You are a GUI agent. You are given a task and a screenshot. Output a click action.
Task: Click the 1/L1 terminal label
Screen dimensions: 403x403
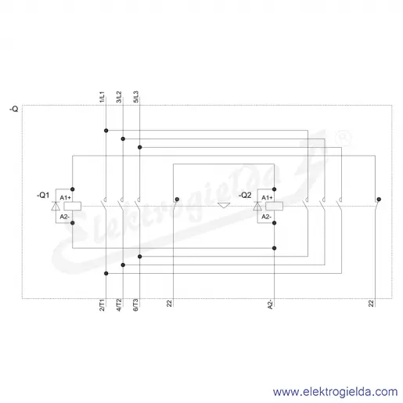(102, 97)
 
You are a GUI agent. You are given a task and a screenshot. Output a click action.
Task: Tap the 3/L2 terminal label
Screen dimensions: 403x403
(119, 97)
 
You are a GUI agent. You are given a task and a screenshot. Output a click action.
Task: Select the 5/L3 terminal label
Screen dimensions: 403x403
(135, 97)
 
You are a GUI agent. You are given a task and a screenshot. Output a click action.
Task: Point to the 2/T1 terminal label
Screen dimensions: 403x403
(102, 305)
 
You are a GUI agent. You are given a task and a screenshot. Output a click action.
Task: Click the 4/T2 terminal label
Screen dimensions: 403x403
(119, 305)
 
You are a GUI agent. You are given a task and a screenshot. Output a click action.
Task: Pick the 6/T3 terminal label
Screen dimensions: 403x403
(135, 305)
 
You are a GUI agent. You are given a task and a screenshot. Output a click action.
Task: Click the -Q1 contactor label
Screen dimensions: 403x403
(43, 195)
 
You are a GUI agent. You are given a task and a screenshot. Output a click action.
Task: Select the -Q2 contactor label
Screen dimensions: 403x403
(245, 195)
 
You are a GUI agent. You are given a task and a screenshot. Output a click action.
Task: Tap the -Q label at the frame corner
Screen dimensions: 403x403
(14, 109)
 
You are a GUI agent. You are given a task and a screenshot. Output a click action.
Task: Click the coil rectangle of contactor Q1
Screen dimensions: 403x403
(73, 206)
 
